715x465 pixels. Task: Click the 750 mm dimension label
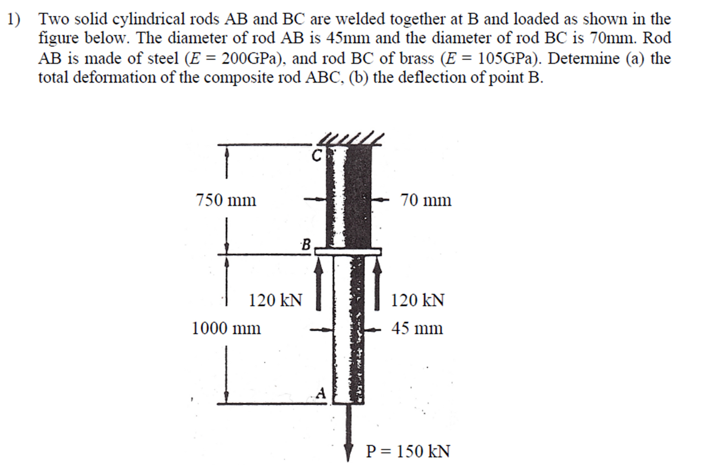click(x=226, y=200)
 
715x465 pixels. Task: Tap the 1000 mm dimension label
click(x=226, y=328)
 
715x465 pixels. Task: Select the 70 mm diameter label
click(x=426, y=200)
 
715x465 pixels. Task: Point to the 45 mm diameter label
click(x=417, y=328)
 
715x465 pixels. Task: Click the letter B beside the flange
click(x=306, y=245)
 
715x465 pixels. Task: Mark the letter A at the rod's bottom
click(x=321, y=393)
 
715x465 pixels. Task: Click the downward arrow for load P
click(x=348, y=433)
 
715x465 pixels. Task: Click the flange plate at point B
click(x=348, y=252)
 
